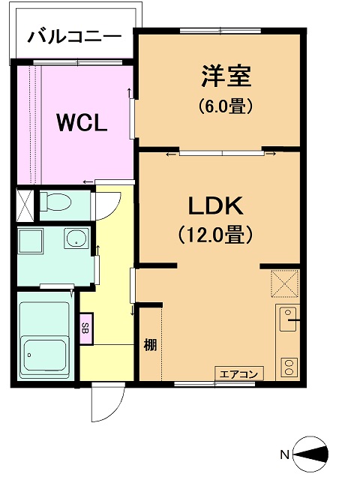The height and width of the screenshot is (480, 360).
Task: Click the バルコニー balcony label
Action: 75,37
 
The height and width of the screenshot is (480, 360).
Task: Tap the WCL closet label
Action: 82,123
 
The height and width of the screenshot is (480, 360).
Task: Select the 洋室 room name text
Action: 226,76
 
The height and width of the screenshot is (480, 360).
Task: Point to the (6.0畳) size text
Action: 226,106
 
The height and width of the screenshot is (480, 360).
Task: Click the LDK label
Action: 216,206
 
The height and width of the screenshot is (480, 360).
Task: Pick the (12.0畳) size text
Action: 216,235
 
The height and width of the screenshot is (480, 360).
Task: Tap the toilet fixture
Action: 55,202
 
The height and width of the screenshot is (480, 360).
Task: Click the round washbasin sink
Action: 76,238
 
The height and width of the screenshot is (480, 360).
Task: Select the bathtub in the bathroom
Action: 45,340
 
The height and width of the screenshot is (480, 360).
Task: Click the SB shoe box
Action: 86,328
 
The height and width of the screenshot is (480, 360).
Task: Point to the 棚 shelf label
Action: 150,346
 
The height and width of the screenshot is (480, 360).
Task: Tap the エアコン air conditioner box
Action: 239,373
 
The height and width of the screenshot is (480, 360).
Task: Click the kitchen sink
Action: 288,319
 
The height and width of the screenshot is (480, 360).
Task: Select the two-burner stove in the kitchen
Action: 289,367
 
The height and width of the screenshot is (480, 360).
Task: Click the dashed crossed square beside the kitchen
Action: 285,283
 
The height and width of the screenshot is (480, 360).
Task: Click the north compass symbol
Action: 310,454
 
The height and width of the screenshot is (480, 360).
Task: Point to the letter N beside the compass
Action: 285,454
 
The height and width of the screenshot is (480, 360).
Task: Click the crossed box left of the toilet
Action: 25,206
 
